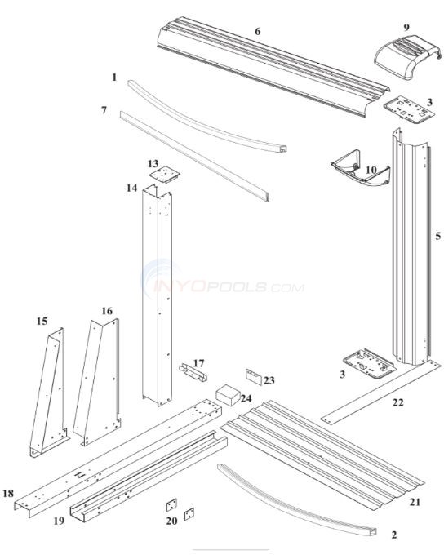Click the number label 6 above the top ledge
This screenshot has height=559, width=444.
click(257, 31)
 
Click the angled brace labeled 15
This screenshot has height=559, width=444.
click(49, 392)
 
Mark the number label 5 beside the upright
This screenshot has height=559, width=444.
click(437, 237)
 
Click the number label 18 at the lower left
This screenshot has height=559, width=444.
click(8, 493)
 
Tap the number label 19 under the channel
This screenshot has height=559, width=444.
click(60, 520)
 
